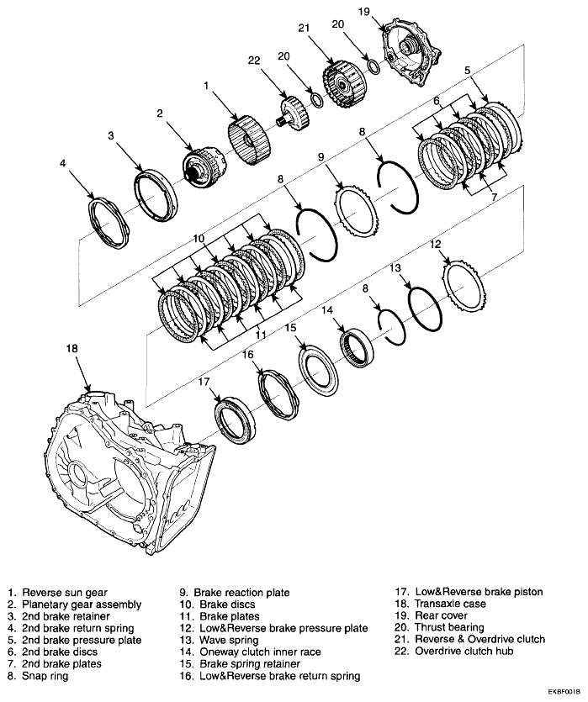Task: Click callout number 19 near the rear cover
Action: [387, 11]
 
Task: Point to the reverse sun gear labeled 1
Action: [250, 139]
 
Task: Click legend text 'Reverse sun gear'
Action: [64, 593]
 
